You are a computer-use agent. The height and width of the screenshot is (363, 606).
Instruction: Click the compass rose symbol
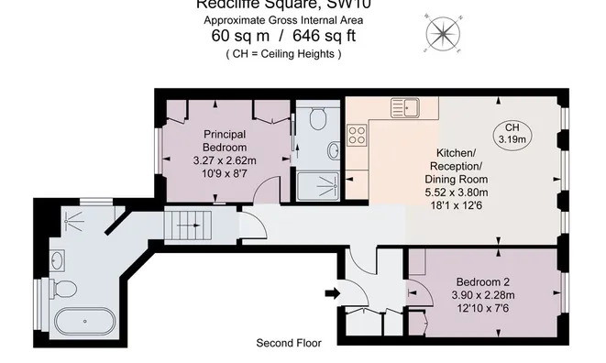coord(443,34)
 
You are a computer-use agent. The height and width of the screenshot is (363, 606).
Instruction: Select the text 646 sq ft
coord(324,37)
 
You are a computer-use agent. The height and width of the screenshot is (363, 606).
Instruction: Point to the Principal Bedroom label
coord(225,140)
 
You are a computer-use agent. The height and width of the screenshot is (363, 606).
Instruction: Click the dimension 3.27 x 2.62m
coord(225,160)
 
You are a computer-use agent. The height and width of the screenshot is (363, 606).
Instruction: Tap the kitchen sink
coord(403,107)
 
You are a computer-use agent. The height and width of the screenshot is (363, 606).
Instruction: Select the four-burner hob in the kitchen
coord(358,137)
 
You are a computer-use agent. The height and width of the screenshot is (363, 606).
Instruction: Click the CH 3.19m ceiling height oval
coord(511,133)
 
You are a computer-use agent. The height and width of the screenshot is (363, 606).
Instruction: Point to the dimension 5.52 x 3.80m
coord(456,192)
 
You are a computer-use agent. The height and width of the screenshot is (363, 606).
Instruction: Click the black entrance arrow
coord(331,293)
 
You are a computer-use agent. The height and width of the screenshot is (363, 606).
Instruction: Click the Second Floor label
coord(288,344)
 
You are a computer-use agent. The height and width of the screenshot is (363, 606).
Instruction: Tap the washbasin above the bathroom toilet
coord(58,261)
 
